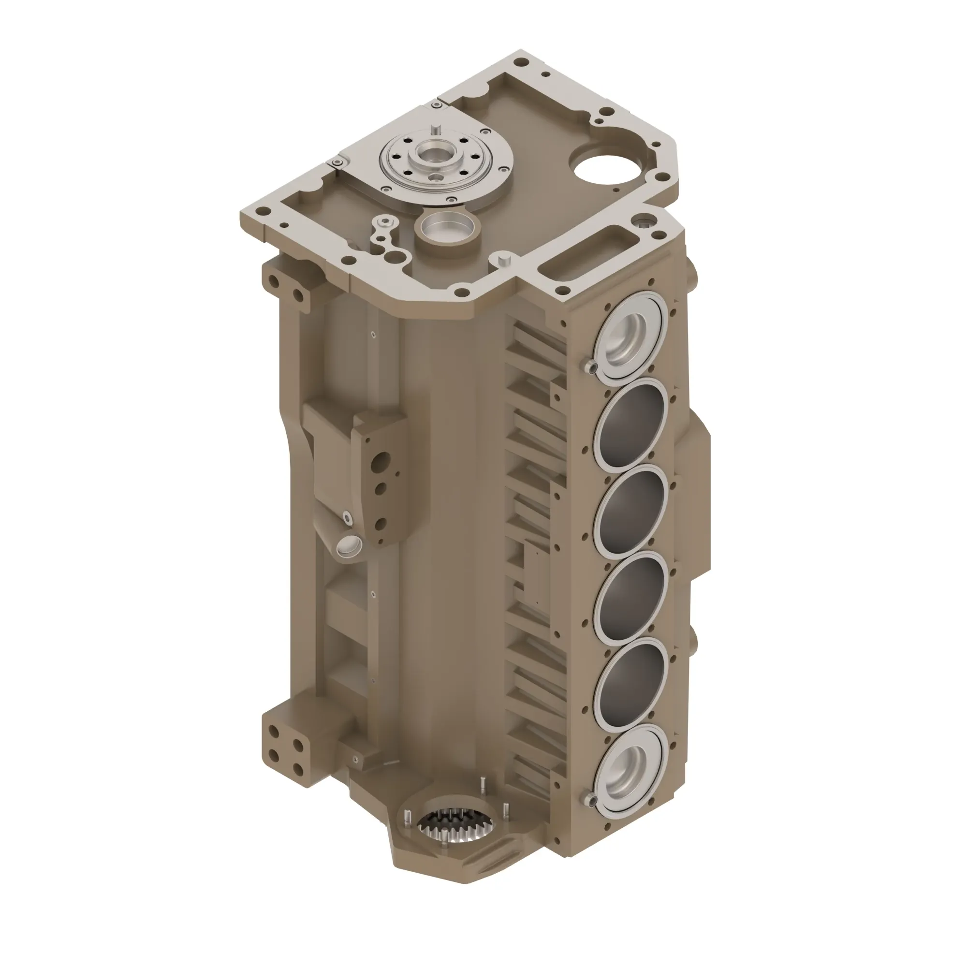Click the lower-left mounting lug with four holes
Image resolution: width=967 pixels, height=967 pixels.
tap(286, 751)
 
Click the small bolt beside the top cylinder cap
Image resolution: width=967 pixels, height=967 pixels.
tap(591, 367)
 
